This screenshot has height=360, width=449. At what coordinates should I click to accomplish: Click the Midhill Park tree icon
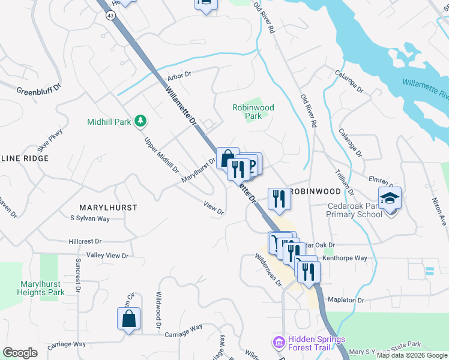click(x=140, y=121)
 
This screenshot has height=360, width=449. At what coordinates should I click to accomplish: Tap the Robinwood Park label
click(x=253, y=112)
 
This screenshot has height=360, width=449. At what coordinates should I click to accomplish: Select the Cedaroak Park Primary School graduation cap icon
click(x=390, y=198)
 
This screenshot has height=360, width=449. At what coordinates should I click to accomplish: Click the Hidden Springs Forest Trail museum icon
click(x=279, y=343)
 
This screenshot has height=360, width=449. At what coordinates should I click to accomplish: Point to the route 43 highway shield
click(x=110, y=16)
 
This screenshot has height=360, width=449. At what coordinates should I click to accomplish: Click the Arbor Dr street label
click(x=179, y=75)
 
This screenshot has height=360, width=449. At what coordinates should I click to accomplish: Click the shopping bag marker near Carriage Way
click(x=129, y=319)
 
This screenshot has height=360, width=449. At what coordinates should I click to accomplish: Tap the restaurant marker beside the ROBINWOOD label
click(x=278, y=199)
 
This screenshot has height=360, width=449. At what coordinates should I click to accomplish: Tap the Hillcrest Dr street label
click(x=85, y=241)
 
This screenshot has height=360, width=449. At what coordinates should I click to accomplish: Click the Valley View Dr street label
click(x=107, y=256)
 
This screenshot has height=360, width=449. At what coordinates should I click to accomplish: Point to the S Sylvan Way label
click(x=90, y=219)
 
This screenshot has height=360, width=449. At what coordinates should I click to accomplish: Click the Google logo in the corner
click(x=20, y=353)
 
